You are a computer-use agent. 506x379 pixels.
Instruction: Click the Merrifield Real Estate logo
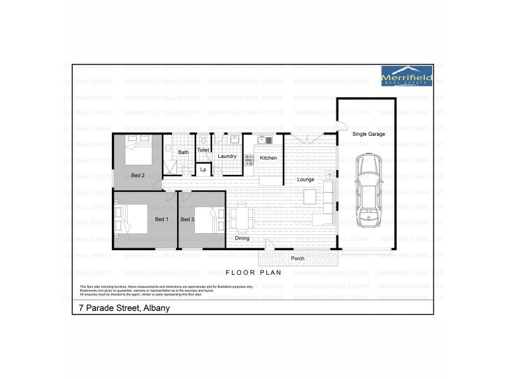coord(407,75)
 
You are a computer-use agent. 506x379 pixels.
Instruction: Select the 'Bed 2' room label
coord(139,175)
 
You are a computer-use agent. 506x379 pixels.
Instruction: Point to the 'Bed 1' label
coord(161,219)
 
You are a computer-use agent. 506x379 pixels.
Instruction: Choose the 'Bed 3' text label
coord(187,219)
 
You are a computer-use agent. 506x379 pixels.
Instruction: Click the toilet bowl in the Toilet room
coord(204,141)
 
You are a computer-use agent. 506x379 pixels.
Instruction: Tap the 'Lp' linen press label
coord(203,169)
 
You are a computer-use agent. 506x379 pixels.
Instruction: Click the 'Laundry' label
coord(226,156)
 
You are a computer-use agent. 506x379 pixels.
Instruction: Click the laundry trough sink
coord(233,138)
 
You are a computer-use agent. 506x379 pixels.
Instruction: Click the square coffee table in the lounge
coord(310,196)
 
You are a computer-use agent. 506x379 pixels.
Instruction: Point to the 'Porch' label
coord(297,258)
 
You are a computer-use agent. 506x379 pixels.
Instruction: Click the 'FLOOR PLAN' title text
coord(252,273)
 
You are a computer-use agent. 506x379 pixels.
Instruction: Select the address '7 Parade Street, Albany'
coord(120,309)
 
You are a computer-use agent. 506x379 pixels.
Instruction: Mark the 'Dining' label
coord(242,239)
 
